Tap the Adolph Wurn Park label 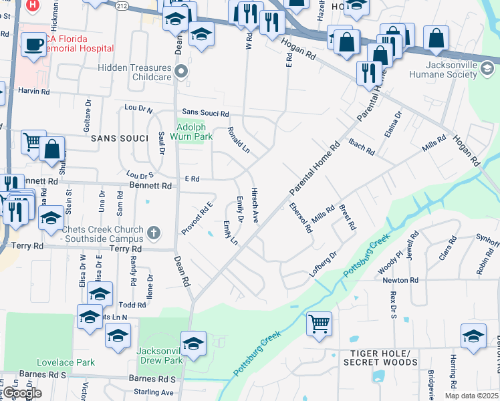point(194,131)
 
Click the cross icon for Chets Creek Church point(154,233)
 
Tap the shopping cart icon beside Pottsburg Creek point(320,323)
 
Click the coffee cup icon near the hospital point(33,45)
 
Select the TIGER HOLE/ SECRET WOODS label point(380,358)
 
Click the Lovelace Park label point(71,362)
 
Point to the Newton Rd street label point(400,280)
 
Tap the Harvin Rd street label point(33,90)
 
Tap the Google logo point(21,393)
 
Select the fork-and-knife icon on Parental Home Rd point(368,72)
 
